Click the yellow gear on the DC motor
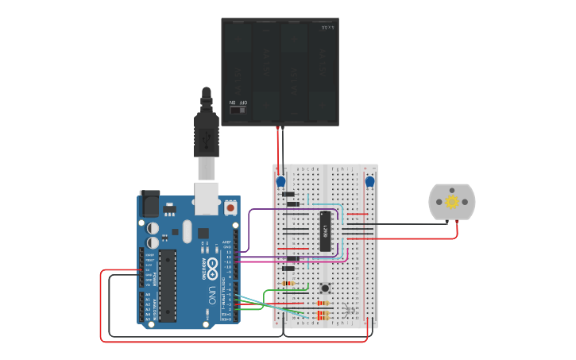[x=452, y=202]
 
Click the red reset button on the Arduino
[x=230, y=207]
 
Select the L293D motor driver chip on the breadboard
[x=325, y=231]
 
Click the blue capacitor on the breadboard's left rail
[x=281, y=183]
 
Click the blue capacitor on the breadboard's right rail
[x=369, y=182]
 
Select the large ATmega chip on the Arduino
[x=168, y=286]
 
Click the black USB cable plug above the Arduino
[x=207, y=135]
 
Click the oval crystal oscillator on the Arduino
[x=187, y=231]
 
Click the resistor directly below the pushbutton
[x=323, y=303]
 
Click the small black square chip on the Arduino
[x=203, y=232]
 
